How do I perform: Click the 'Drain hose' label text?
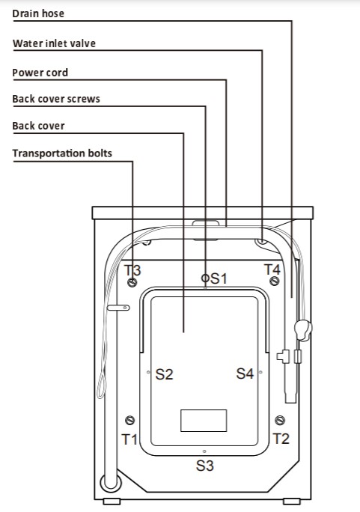pyautogui.click(x=38, y=13)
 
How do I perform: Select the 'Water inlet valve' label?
pyautogui.click(x=54, y=43)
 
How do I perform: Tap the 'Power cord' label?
pyautogui.click(x=40, y=73)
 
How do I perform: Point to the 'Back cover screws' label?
pyautogui.click(x=56, y=99)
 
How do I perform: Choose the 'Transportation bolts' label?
pyautogui.click(x=62, y=153)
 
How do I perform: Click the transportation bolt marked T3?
pyautogui.click(x=132, y=281)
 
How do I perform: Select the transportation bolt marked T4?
pyautogui.click(x=275, y=281)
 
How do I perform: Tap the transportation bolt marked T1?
pyautogui.click(x=130, y=420)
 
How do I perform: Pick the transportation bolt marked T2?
pyautogui.click(x=280, y=420)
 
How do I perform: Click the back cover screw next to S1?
pyautogui.click(x=205, y=278)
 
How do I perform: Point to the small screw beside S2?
pyautogui.click(x=148, y=372)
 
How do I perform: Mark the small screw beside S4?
pyautogui.click(x=260, y=372)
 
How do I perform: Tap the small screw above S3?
pyautogui.click(x=204, y=451)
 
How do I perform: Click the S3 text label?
pyautogui.click(x=204, y=466)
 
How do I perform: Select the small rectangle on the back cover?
pyautogui.click(x=204, y=421)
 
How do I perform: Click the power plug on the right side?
pyautogui.click(x=303, y=330)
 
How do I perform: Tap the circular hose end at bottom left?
pyautogui.click(x=111, y=483)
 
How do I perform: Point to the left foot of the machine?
pyautogui.click(x=112, y=502)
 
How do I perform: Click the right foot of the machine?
pyautogui.click(x=291, y=502)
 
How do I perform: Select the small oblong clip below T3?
pyautogui.click(x=118, y=308)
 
